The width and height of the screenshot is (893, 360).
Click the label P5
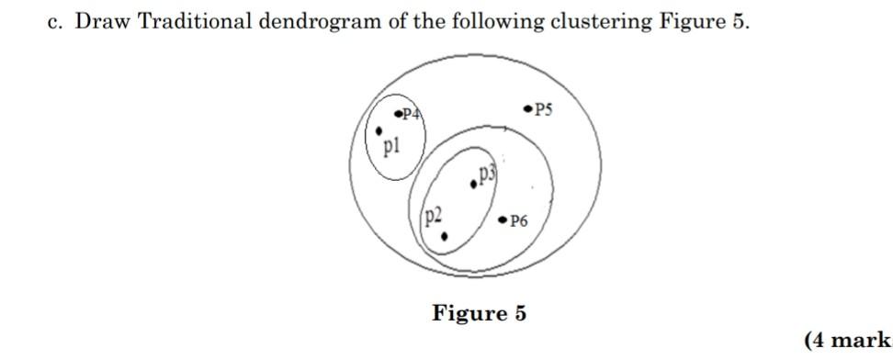point(544,109)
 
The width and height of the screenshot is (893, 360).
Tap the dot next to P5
point(527,108)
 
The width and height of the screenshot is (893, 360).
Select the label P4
point(412,115)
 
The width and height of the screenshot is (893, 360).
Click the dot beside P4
point(398,114)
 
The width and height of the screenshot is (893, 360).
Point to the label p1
point(391,145)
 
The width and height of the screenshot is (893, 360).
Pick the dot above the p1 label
point(379,130)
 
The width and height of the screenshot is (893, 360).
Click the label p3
point(487,173)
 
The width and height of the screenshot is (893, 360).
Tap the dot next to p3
point(473,184)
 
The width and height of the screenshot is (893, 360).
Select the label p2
point(434,216)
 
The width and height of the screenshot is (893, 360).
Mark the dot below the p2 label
point(445,236)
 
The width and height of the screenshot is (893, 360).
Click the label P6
point(518,220)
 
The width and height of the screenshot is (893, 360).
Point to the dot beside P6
point(502,219)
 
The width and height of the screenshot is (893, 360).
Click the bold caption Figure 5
point(480,313)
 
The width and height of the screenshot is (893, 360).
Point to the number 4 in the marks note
point(819,341)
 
